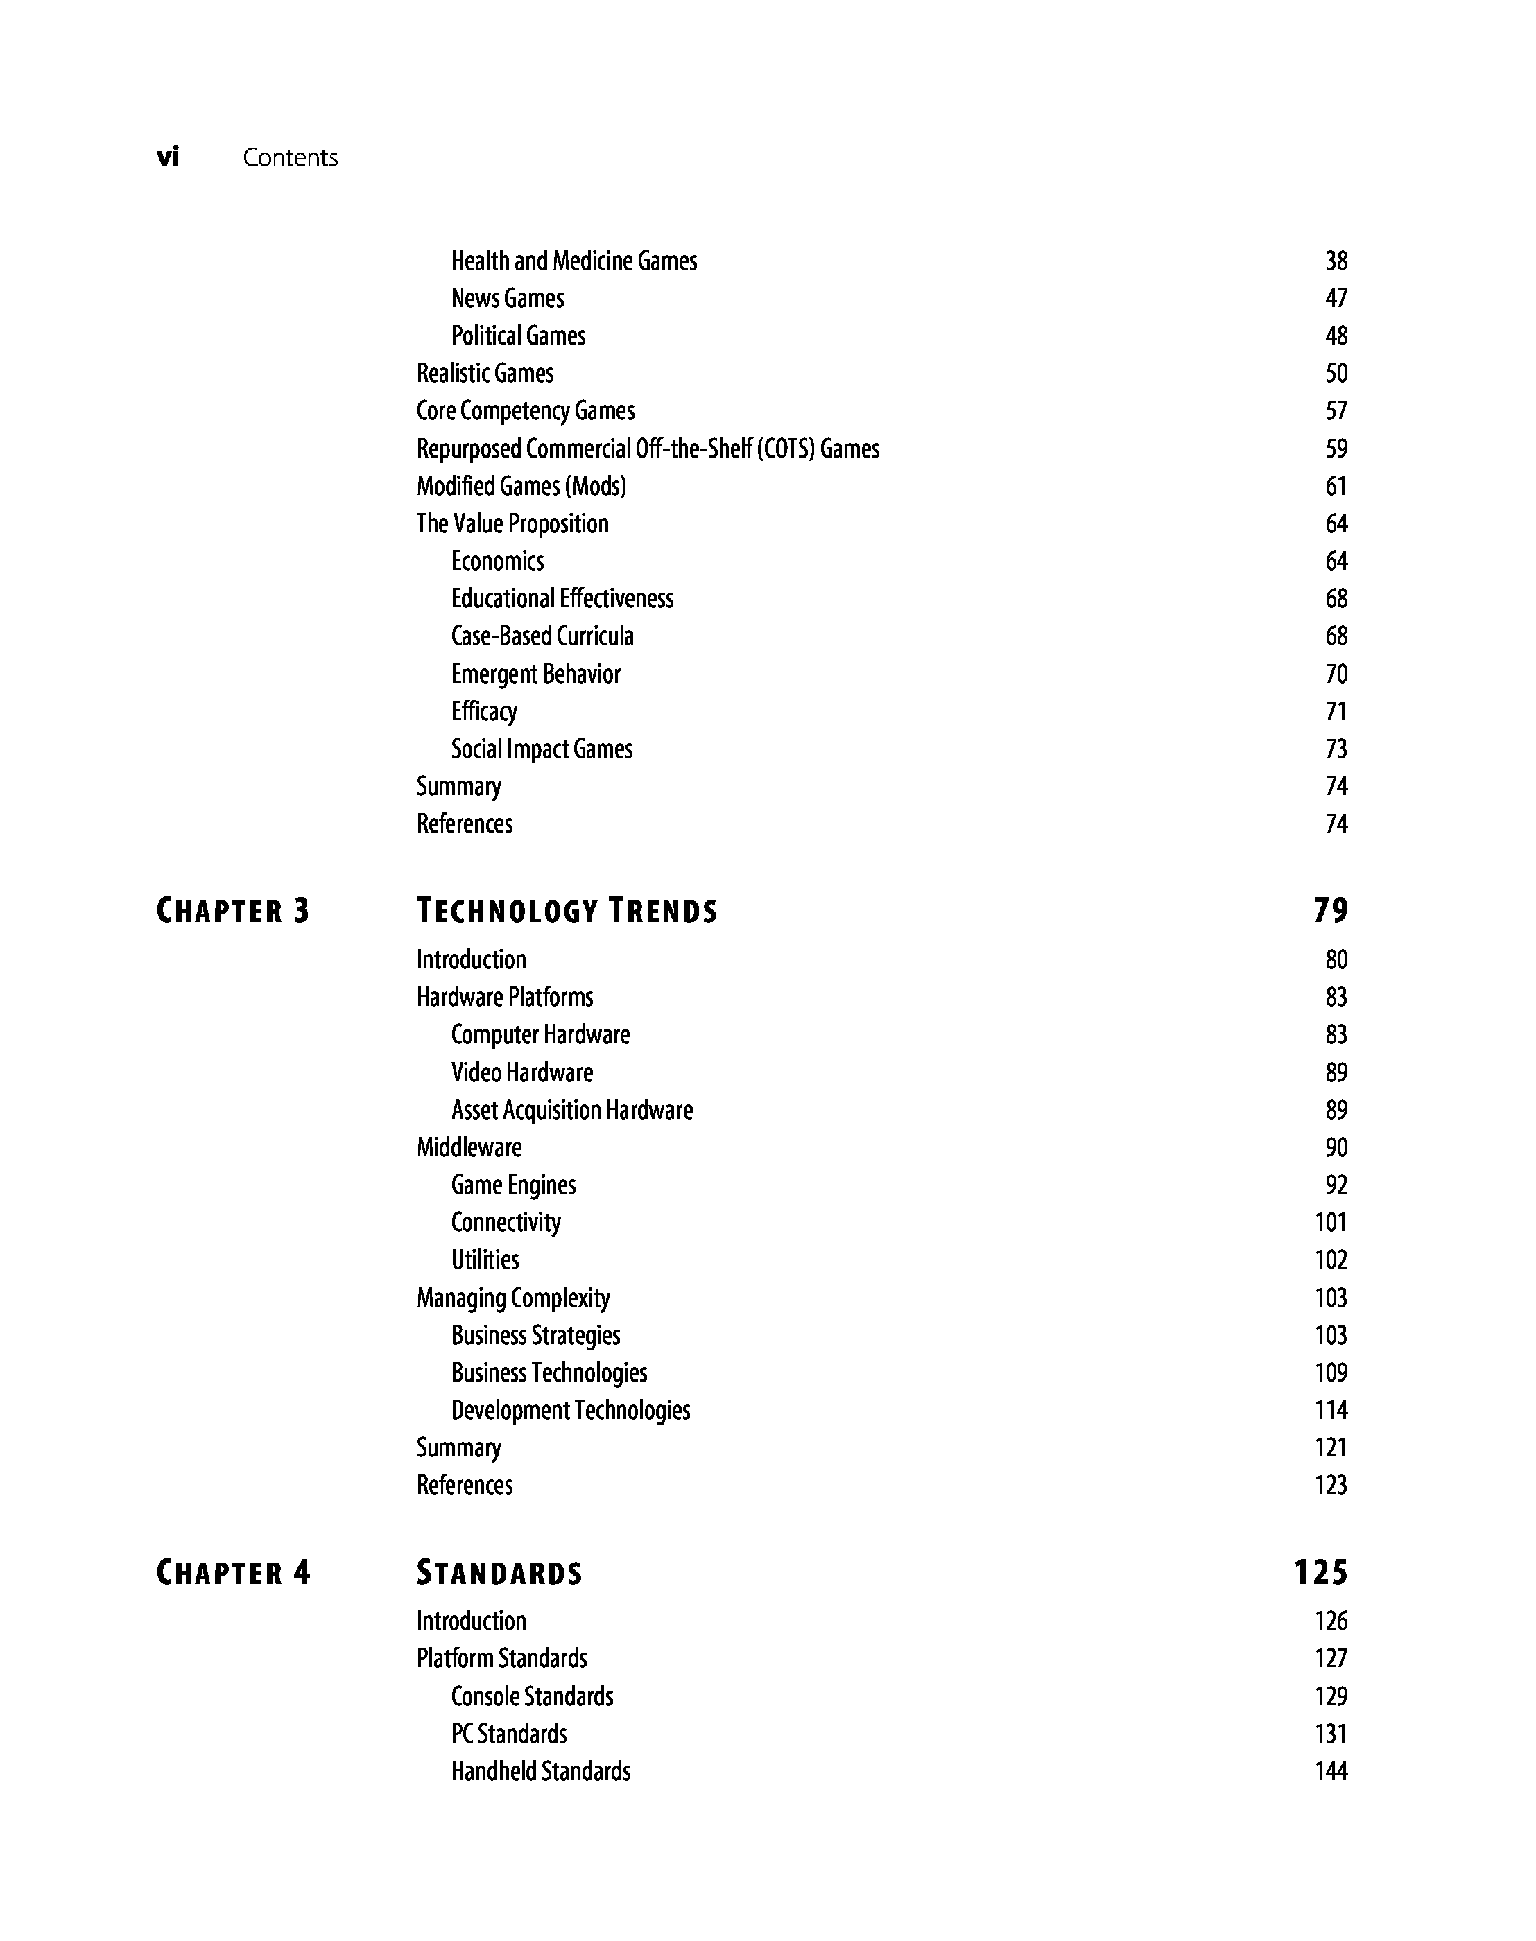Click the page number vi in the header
tap(169, 157)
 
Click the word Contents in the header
tap(290, 158)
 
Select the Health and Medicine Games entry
tap(573, 261)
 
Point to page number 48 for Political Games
tap(1336, 336)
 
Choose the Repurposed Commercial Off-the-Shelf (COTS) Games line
tap(648, 449)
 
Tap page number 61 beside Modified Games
tap(1336, 487)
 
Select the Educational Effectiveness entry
tap(562, 599)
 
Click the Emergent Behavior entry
tap(535, 674)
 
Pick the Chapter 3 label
tap(233, 912)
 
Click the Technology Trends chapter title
tap(567, 912)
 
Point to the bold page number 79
tap(1330, 911)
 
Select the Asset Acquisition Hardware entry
tap(572, 1111)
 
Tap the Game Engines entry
tap(513, 1185)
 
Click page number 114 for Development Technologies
tap(1330, 1411)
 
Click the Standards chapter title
tap(499, 1574)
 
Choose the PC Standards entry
tap(509, 1734)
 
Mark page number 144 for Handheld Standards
tap(1330, 1772)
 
